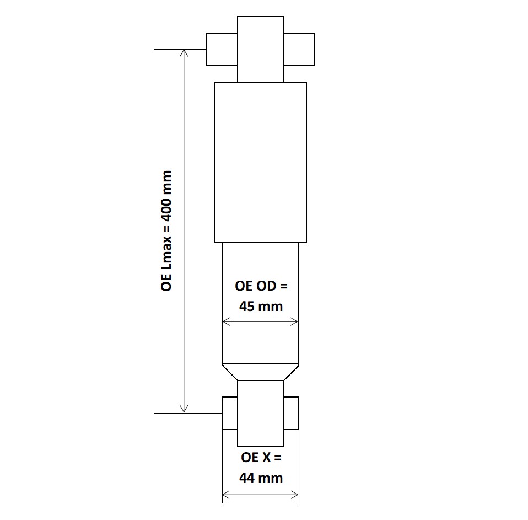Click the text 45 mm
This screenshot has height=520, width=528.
(261, 306)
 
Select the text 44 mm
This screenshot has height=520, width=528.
(261, 478)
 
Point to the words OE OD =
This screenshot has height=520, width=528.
(261, 286)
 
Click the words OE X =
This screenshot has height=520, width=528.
(261, 458)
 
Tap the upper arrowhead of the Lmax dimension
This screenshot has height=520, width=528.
(185, 52)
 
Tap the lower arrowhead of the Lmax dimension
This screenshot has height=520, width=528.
(185, 409)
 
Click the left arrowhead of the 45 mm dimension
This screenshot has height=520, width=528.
(225, 322)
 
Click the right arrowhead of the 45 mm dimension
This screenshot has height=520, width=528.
(295, 322)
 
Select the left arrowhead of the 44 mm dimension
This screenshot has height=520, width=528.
(225, 494)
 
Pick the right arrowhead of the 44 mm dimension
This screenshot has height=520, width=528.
(295, 494)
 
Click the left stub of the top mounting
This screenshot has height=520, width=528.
(222, 49)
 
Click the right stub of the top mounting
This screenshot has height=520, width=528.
(299, 49)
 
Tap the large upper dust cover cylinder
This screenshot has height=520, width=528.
(260, 162)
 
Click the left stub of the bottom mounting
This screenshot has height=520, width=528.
(229, 413)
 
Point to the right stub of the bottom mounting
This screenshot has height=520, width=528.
(292, 413)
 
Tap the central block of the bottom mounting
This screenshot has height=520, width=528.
(261, 413)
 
